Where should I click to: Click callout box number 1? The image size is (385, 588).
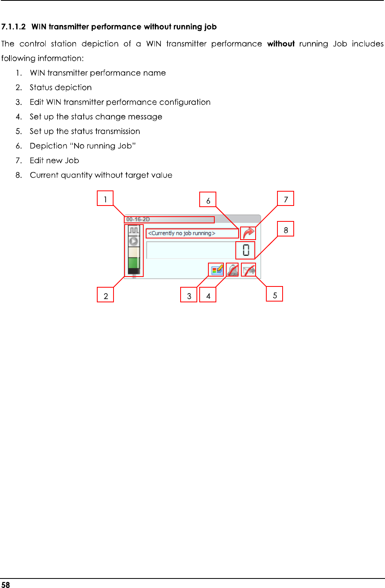pyautogui.click(x=105, y=198)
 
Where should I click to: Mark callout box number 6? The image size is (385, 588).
pyautogui.click(x=208, y=200)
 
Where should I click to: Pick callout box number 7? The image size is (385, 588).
pyautogui.click(x=286, y=198)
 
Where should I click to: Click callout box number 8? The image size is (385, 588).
pyautogui.click(x=286, y=229)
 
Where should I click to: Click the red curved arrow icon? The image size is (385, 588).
pyautogui.click(x=248, y=233)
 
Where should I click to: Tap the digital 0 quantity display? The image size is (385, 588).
pyautogui.click(x=246, y=250)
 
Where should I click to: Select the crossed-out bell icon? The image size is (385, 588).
pyautogui.click(x=233, y=270)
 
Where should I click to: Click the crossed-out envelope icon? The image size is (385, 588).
pyautogui.click(x=249, y=270)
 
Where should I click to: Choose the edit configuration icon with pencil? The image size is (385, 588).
pyautogui.click(x=217, y=270)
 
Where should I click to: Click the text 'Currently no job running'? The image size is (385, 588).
pyautogui.click(x=182, y=233)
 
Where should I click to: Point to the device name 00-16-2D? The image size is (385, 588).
pyautogui.click(x=138, y=219)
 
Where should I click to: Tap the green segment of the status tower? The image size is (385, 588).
pyautogui.click(x=134, y=263)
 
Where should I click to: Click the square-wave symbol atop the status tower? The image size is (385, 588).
pyautogui.click(x=134, y=230)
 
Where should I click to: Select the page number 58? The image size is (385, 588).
pyautogui.click(x=6, y=584)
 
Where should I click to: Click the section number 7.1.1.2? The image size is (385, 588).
pyautogui.click(x=13, y=27)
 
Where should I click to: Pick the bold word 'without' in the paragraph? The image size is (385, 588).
pyautogui.click(x=281, y=44)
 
